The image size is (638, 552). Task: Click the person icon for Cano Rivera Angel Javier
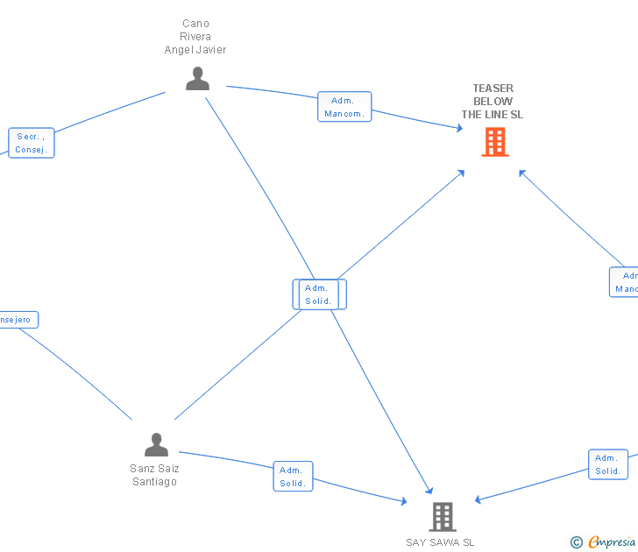tap(197, 79)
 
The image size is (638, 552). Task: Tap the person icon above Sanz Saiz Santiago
tap(156, 445)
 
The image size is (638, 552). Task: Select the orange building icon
tap(495, 142)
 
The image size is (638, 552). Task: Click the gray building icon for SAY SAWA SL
tap(443, 517)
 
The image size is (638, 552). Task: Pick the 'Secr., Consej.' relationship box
tap(32, 143)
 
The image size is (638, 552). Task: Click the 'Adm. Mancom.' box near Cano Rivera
tap(345, 107)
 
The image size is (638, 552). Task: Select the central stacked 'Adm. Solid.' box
tap(319, 294)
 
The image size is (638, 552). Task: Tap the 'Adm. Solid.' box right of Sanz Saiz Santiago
tap(293, 477)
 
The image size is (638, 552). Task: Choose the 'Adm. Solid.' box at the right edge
tap(607, 464)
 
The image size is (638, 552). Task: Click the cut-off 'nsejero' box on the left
tap(17, 320)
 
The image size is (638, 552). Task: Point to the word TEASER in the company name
tap(493, 88)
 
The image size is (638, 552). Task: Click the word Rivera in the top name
tap(195, 37)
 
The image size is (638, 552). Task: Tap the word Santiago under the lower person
tap(155, 482)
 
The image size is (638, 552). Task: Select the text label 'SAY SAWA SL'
tap(440, 542)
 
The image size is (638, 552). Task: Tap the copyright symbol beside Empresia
tap(577, 543)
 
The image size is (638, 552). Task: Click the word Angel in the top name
tap(180, 50)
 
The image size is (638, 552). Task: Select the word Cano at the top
tap(195, 24)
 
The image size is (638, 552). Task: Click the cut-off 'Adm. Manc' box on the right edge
tap(626, 282)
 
